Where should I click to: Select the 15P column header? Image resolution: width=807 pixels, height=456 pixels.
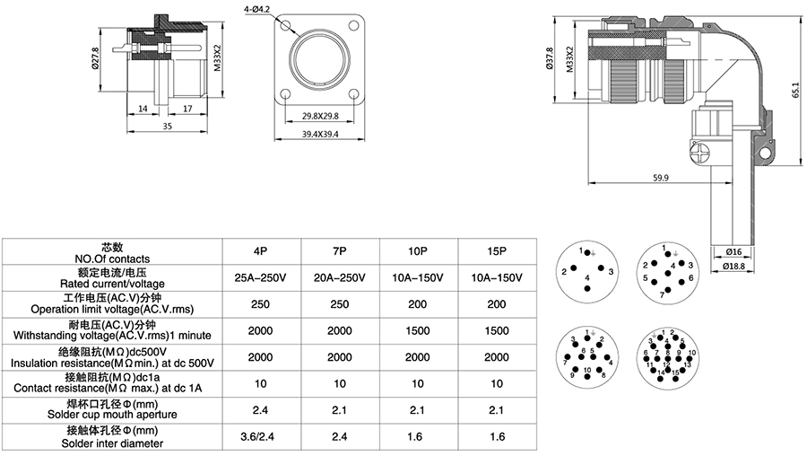tap(498, 251)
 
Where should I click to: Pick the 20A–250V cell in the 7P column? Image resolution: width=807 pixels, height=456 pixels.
tap(340, 277)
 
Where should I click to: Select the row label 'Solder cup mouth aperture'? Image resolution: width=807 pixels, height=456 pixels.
tap(111, 415)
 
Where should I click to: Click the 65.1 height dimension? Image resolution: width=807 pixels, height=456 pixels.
tap(794, 90)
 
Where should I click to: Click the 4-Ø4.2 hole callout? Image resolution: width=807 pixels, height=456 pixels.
tap(257, 7)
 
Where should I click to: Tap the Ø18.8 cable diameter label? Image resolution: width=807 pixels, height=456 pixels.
tap(734, 266)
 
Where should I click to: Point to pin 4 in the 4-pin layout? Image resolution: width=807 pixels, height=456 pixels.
tap(587, 278)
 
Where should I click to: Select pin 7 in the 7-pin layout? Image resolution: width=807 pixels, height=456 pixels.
tap(663, 294)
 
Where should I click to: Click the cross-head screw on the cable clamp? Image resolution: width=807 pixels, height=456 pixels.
tap(702, 153)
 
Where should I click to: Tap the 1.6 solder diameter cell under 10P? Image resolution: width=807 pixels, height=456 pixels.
tap(419, 438)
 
